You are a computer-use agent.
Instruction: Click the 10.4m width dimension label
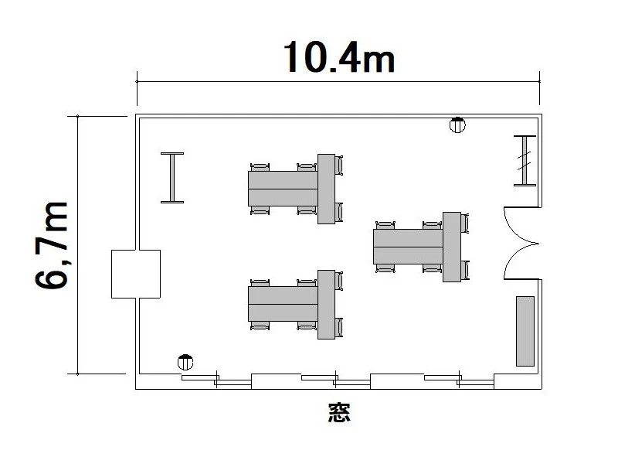click(x=339, y=57)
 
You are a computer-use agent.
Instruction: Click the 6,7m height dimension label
click(x=52, y=245)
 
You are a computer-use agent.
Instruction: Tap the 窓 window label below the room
click(x=339, y=413)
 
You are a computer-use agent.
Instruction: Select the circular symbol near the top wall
click(x=457, y=125)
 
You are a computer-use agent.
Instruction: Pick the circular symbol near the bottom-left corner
click(x=185, y=362)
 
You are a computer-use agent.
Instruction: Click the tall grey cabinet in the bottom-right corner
click(x=525, y=332)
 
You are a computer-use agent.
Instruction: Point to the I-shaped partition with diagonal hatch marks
click(x=525, y=160)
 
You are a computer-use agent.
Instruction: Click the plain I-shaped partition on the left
click(x=172, y=178)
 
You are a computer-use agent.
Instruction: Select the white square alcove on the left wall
click(x=136, y=274)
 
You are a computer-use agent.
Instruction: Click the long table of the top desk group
click(x=283, y=189)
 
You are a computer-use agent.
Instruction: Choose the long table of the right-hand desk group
click(x=409, y=247)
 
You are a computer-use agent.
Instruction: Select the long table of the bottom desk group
click(x=283, y=304)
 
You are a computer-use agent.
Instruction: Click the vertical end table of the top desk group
click(x=326, y=189)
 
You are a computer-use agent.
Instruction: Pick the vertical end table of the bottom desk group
click(x=326, y=305)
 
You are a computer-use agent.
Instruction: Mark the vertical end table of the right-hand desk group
click(x=452, y=247)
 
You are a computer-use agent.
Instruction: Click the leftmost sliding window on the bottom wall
click(x=216, y=380)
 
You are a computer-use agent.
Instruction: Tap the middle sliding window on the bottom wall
click(x=336, y=380)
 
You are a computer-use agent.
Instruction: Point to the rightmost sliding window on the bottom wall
click(x=459, y=380)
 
